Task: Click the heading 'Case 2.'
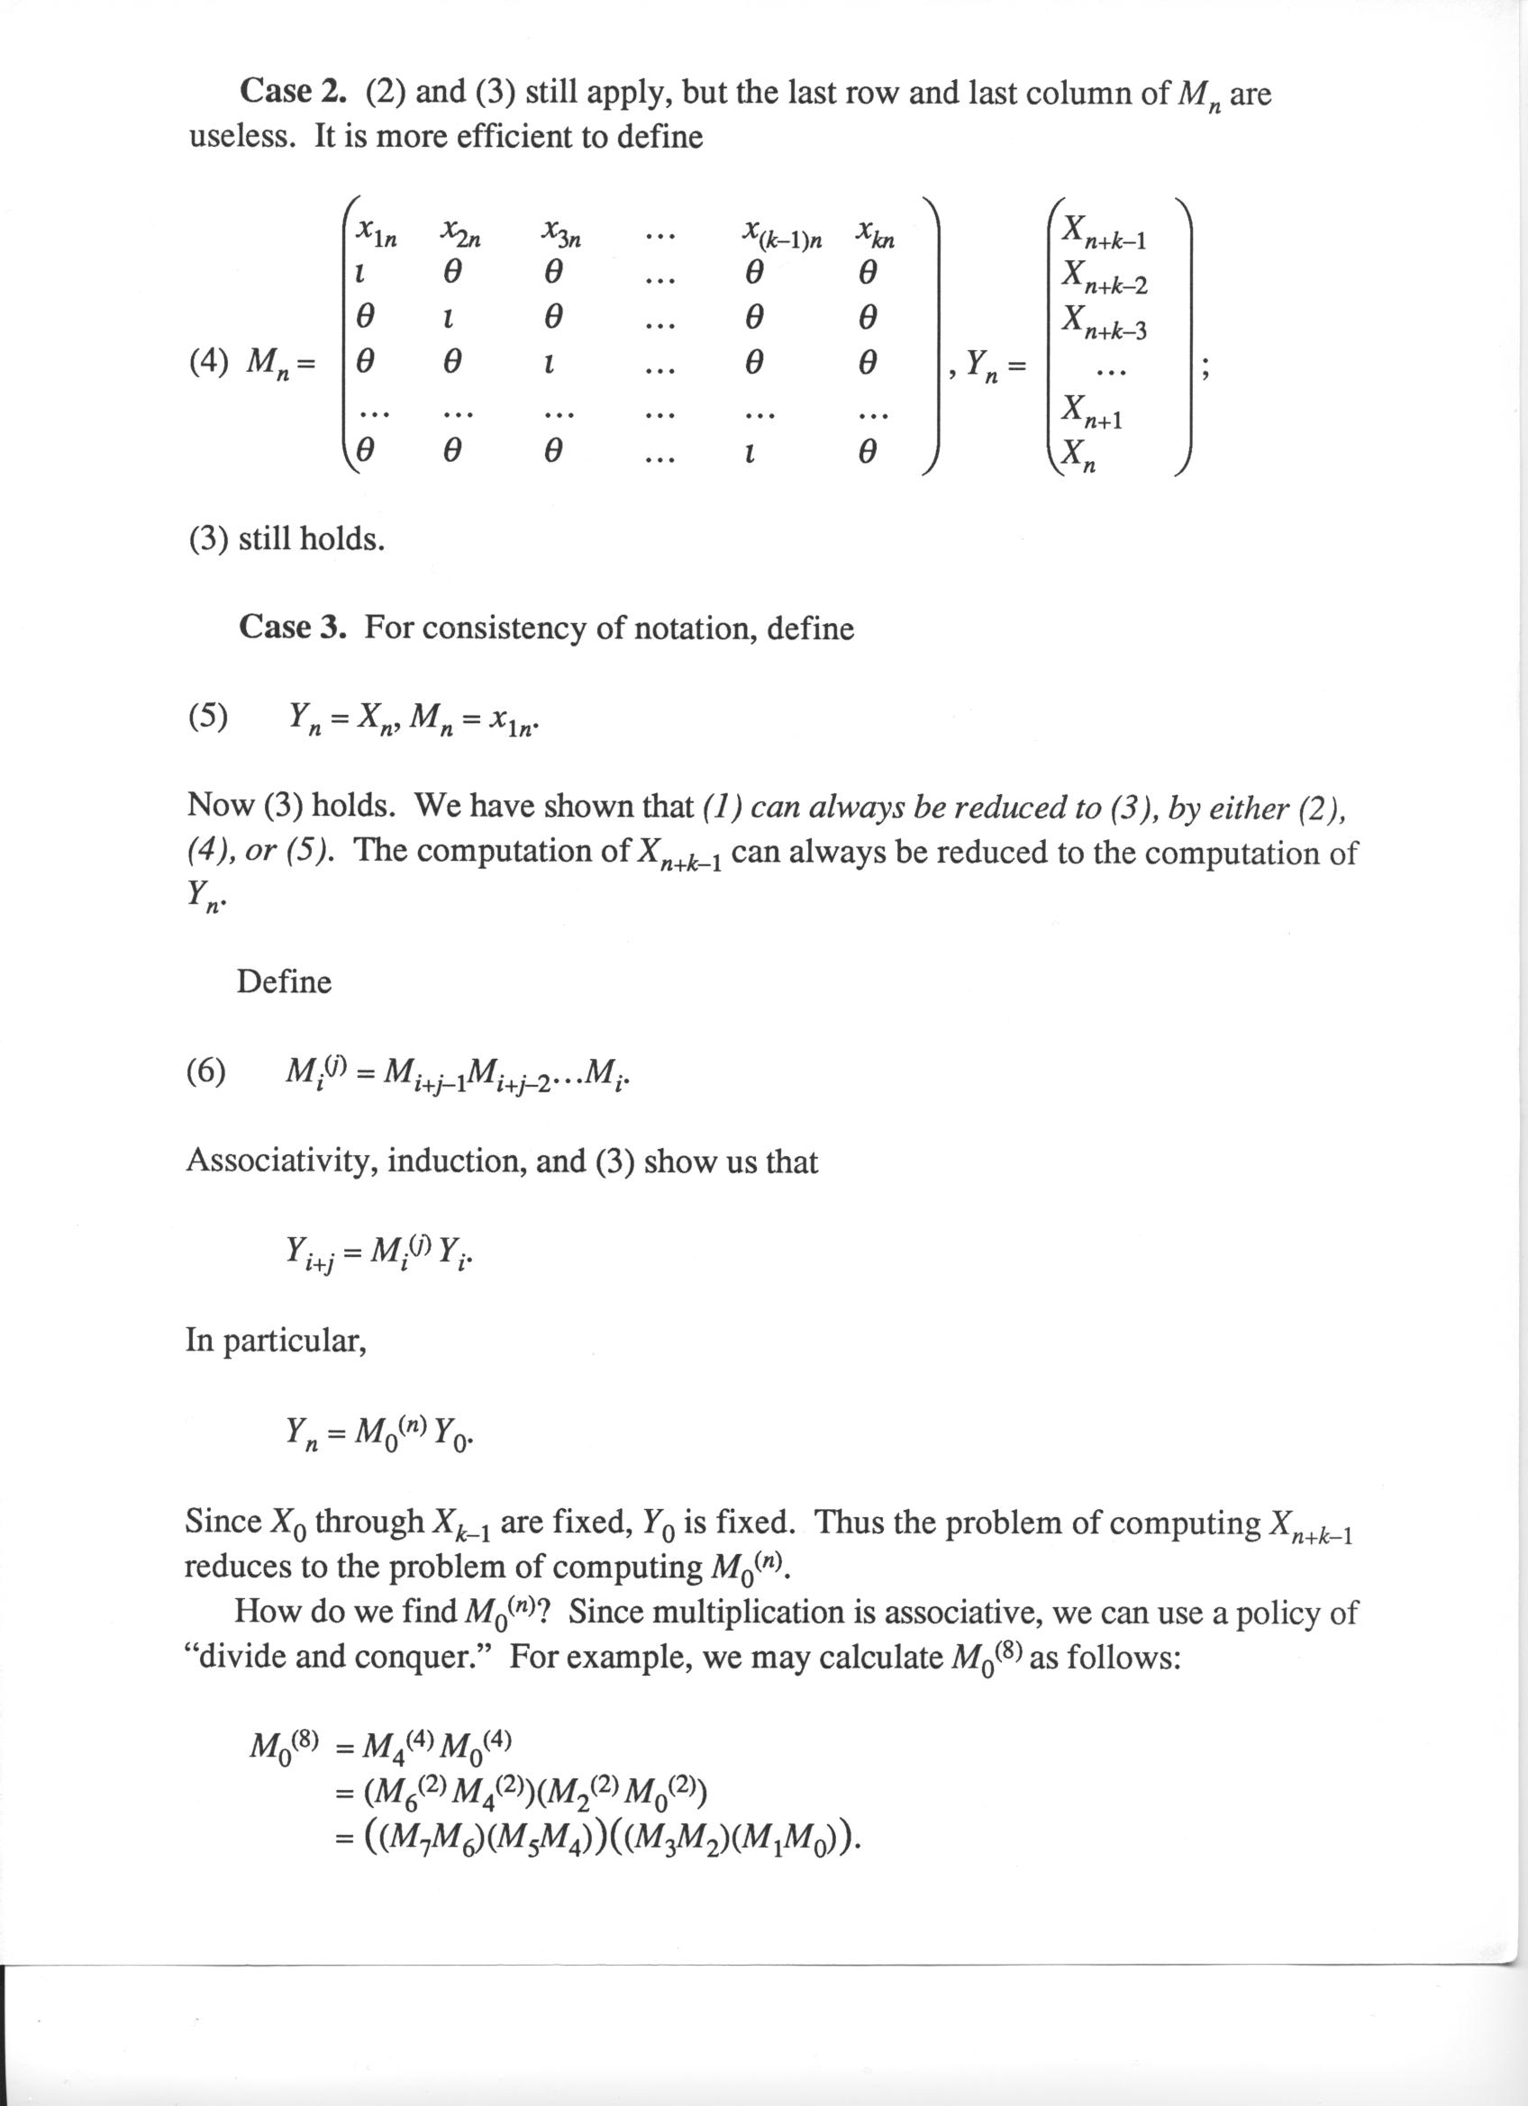pyautogui.click(x=292, y=93)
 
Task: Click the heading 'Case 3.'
pyautogui.click(x=292, y=628)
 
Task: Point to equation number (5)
pyautogui.click(x=209, y=716)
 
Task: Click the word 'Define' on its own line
pyautogui.click(x=283, y=981)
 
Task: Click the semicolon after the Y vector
pyautogui.click(x=1205, y=368)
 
